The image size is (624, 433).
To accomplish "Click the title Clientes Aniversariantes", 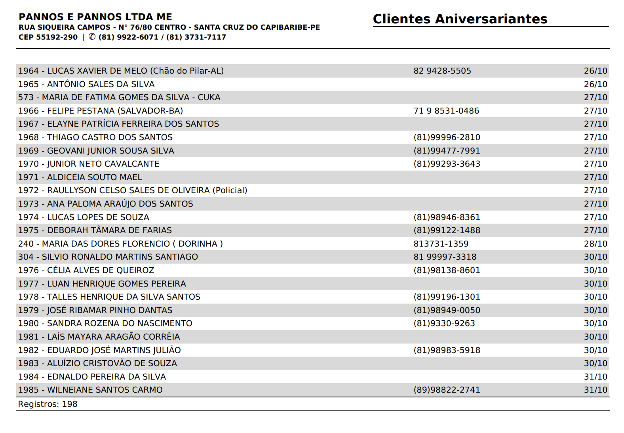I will point(460,19).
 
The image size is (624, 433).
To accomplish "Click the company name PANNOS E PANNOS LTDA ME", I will point(95,17).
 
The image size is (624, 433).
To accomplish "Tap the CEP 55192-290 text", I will point(48,37).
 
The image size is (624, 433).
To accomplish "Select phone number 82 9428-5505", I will point(442,71).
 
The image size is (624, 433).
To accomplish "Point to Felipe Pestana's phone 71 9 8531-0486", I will point(446,111).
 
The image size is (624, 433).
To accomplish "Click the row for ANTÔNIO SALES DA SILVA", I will point(86,84).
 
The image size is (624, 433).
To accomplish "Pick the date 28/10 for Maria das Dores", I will point(595,244).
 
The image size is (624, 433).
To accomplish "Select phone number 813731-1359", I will point(441,244).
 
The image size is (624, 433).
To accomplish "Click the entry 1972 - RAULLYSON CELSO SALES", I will point(133,190).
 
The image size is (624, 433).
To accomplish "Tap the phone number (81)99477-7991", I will point(447,151).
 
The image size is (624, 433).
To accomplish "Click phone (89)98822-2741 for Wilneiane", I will point(447,390).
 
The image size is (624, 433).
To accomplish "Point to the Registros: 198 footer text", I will point(48,404).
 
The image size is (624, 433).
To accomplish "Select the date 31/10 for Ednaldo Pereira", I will point(595,377).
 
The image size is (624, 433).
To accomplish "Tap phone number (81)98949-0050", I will point(447,310).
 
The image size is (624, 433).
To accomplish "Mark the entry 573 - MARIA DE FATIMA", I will point(119,97).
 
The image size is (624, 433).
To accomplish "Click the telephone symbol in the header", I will point(92,37).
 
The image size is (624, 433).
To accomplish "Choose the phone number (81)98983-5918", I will point(447,350).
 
